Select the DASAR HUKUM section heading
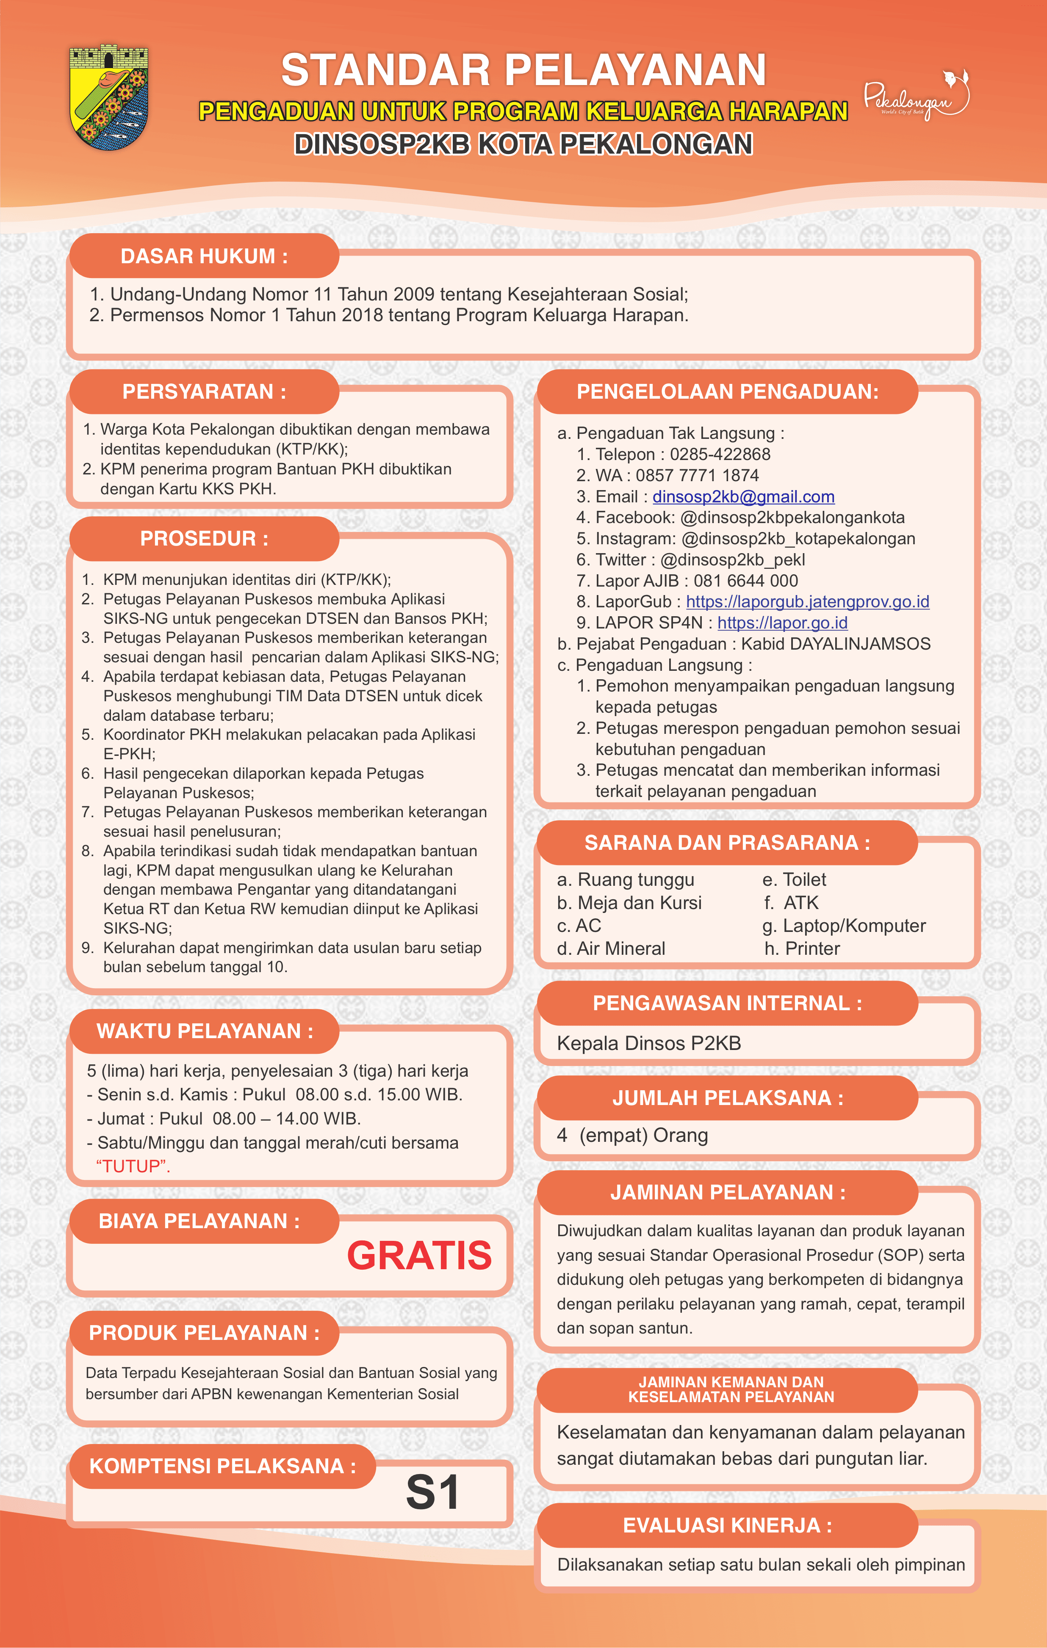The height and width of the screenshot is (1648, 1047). pyautogui.click(x=204, y=256)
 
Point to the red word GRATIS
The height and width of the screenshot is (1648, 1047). pyautogui.click(x=419, y=1255)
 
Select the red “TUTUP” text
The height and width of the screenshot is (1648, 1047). pyautogui.click(x=133, y=1166)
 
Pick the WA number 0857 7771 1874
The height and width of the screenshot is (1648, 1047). pyautogui.click(x=697, y=476)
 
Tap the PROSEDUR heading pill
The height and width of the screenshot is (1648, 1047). pyautogui.click(x=204, y=539)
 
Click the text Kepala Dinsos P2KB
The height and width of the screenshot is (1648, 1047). pyautogui.click(x=648, y=1043)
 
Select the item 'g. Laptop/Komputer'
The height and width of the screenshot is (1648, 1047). pyautogui.click(x=844, y=926)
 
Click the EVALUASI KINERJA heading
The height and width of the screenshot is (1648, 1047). pyautogui.click(x=727, y=1526)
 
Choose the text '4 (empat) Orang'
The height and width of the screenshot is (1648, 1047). pyautogui.click(x=632, y=1135)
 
